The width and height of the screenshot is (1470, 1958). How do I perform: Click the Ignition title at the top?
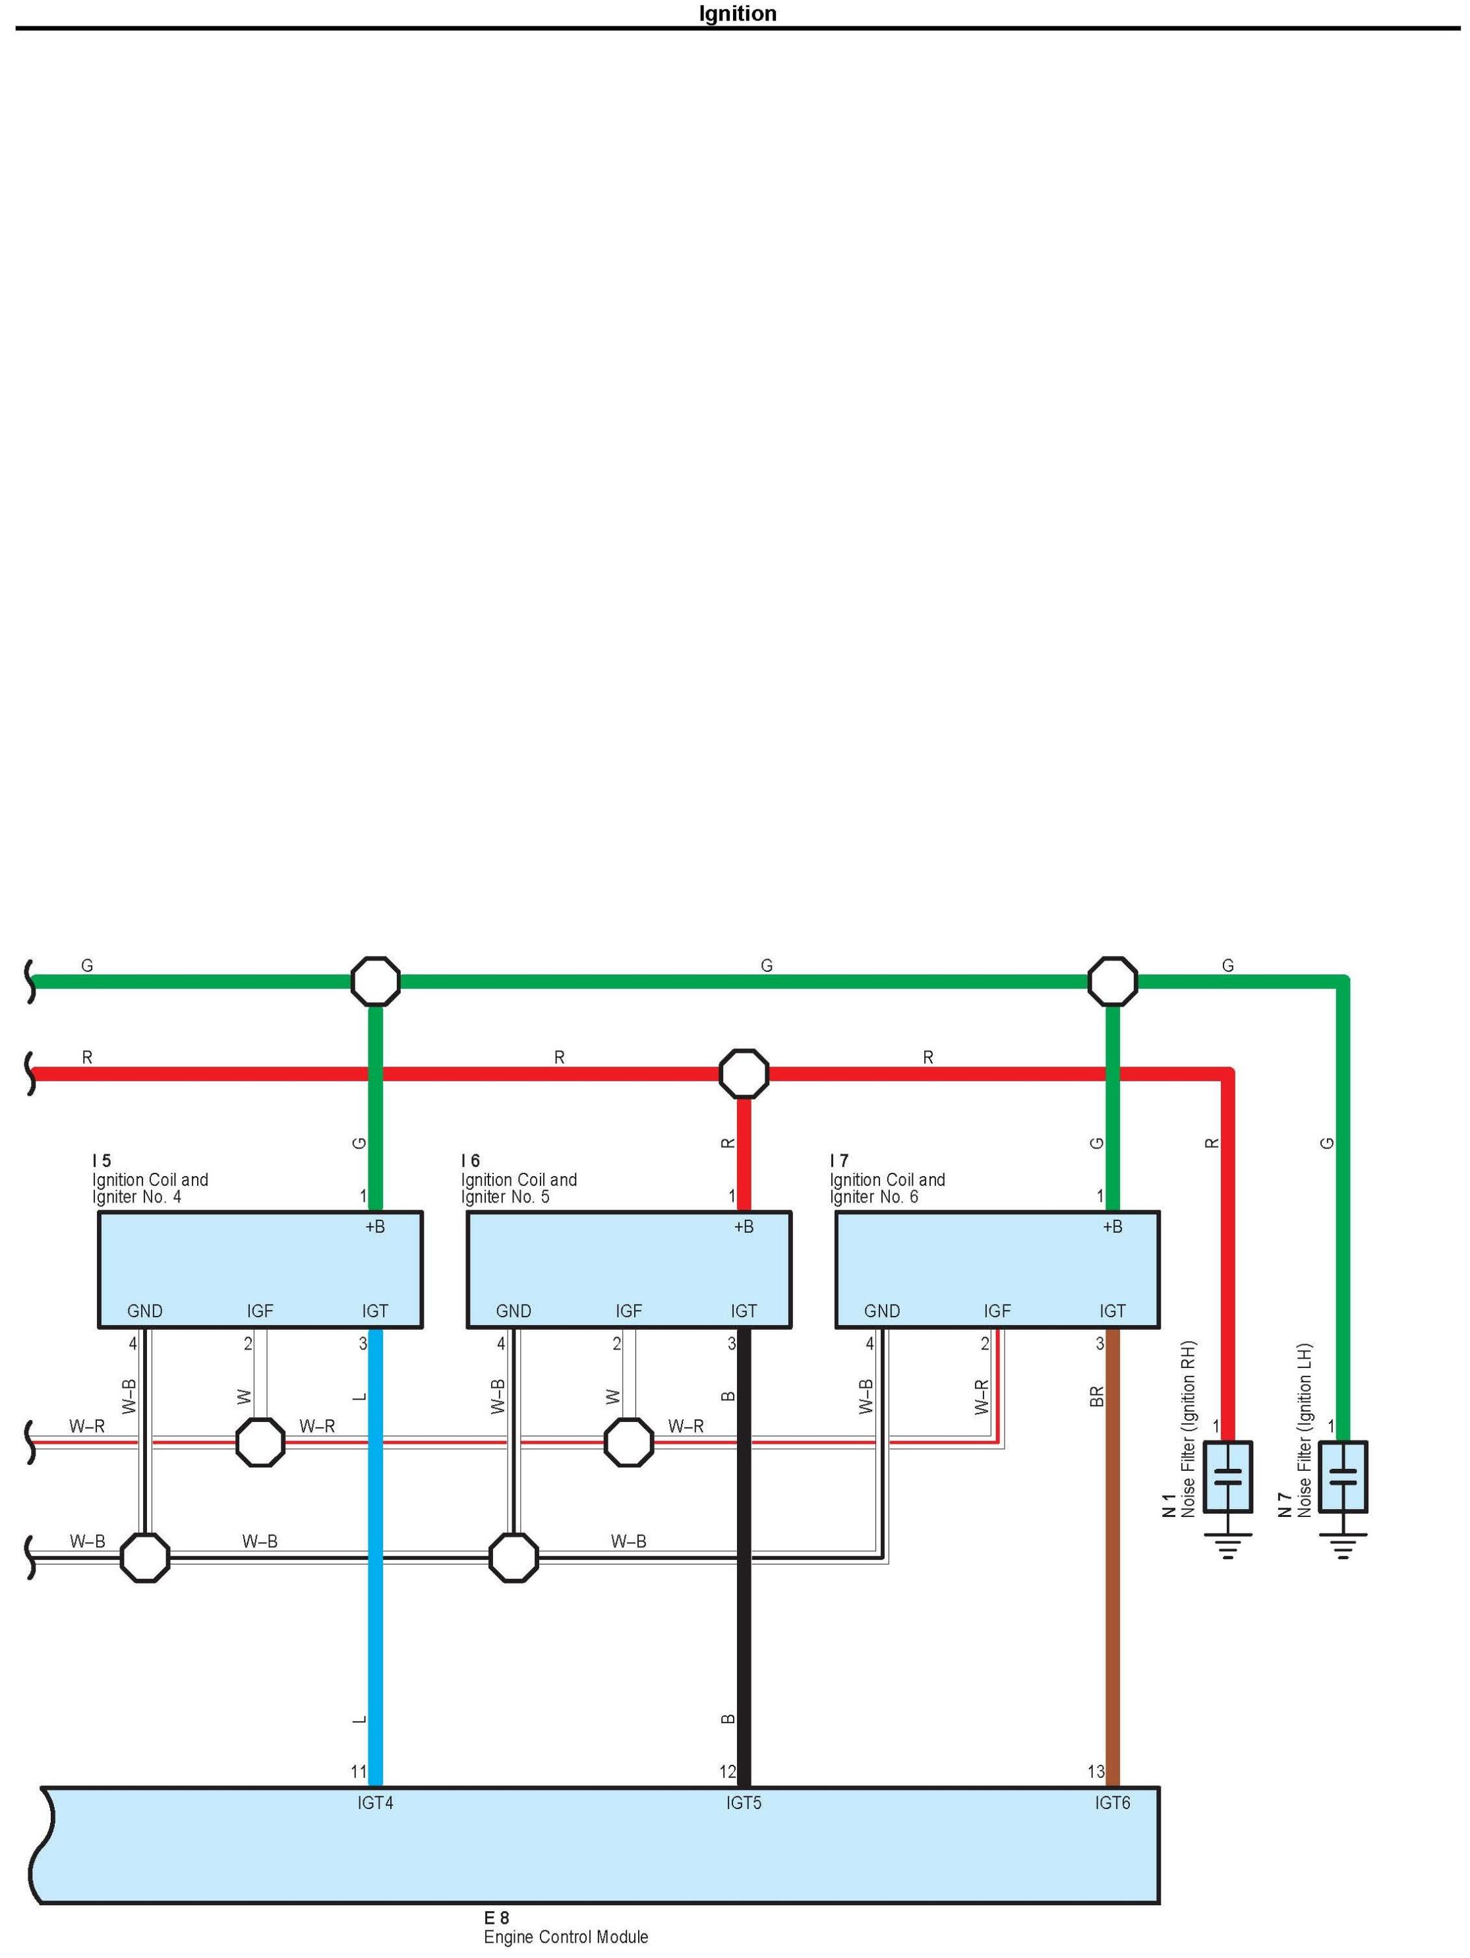pos(736,13)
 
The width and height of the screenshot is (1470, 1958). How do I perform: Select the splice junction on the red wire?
pos(744,1074)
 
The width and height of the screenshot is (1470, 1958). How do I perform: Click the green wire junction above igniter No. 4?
pos(375,981)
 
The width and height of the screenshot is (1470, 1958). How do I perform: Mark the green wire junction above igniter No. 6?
pos(1113,981)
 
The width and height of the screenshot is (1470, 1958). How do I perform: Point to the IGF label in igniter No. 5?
pos(628,1311)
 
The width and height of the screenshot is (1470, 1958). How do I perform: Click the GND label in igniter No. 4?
pos(144,1311)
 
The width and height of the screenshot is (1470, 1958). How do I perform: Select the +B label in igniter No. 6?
pos(1113,1227)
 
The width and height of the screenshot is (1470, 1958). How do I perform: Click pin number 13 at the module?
pos(1096,1772)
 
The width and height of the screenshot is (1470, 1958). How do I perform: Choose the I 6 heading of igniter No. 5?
pos(470,1160)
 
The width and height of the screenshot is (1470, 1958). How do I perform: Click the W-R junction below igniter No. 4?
pos(260,1442)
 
